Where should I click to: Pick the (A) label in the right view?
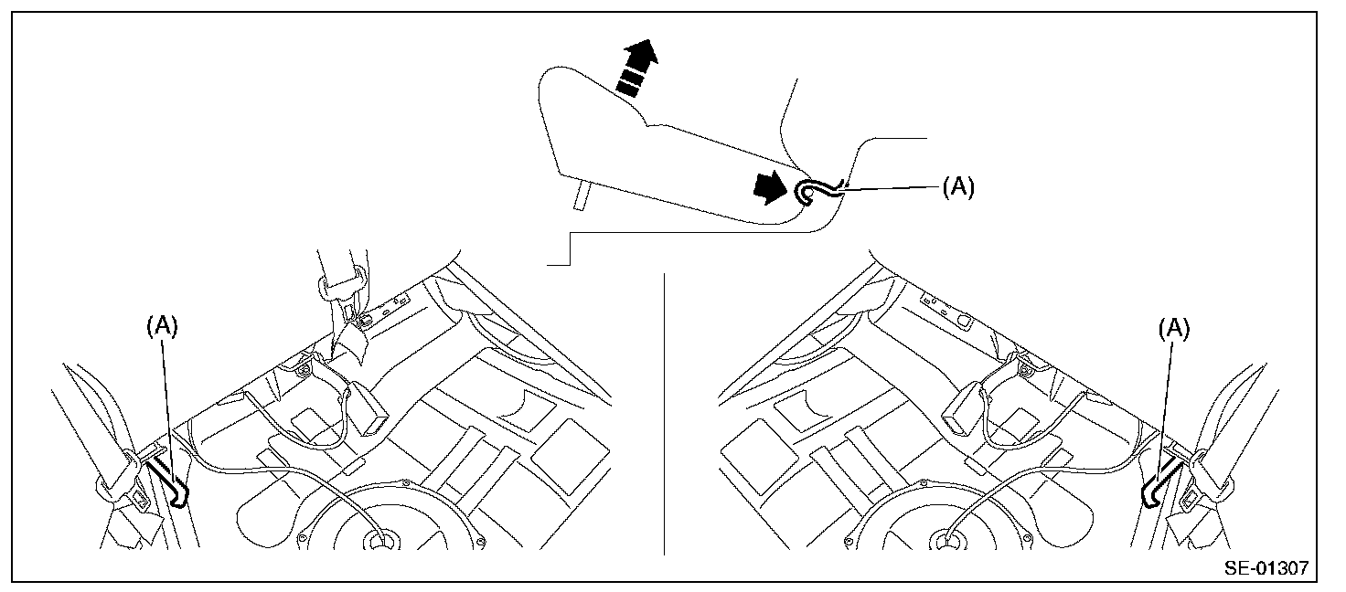click(1174, 329)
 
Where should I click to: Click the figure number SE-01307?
click(1266, 568)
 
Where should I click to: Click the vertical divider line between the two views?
click(665, 411)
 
